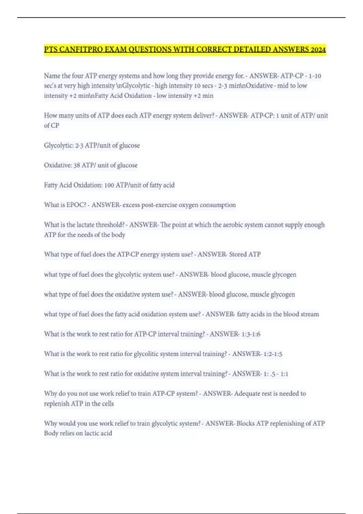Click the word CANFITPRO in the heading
point(81,49)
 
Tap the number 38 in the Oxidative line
point(77,165)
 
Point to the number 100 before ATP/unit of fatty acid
point(109,185)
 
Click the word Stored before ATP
point(238,255)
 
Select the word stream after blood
point(310,314)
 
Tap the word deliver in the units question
point(203,115)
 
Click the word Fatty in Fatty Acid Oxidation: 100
point(51,185)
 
